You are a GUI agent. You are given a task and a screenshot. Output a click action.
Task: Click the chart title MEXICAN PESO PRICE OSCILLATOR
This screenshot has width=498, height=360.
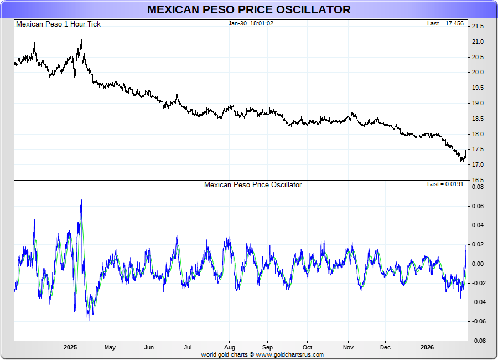[248, 9]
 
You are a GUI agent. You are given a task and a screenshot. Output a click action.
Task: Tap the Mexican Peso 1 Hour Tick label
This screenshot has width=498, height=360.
[58, 24]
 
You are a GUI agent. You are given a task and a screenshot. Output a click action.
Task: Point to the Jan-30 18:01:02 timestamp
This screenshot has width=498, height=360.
[251, 23]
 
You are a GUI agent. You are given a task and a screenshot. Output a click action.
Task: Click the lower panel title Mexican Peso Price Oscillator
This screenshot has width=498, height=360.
[253, 184]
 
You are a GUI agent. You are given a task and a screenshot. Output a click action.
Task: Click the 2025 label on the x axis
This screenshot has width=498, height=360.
[70, 348]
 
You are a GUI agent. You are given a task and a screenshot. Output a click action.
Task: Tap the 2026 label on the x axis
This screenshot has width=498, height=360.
[427, 348]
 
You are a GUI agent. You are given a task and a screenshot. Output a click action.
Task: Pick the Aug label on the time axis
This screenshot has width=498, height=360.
[229, 348]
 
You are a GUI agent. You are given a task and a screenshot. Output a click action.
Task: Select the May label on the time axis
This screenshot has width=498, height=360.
[110, 348]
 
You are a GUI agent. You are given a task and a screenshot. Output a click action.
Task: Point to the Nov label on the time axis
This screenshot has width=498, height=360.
[347, 348]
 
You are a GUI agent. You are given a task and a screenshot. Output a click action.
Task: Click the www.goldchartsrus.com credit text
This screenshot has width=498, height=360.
[289, 354]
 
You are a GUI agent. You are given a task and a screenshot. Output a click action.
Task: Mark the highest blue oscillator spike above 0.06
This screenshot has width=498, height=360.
[81, 200]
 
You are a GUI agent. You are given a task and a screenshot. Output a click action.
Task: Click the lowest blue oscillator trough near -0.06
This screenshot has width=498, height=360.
[89, 320]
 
